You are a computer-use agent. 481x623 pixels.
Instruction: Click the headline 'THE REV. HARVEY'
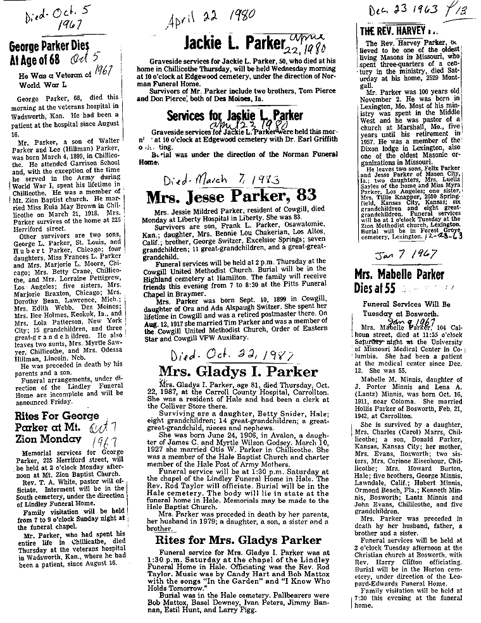coord(396,31)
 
